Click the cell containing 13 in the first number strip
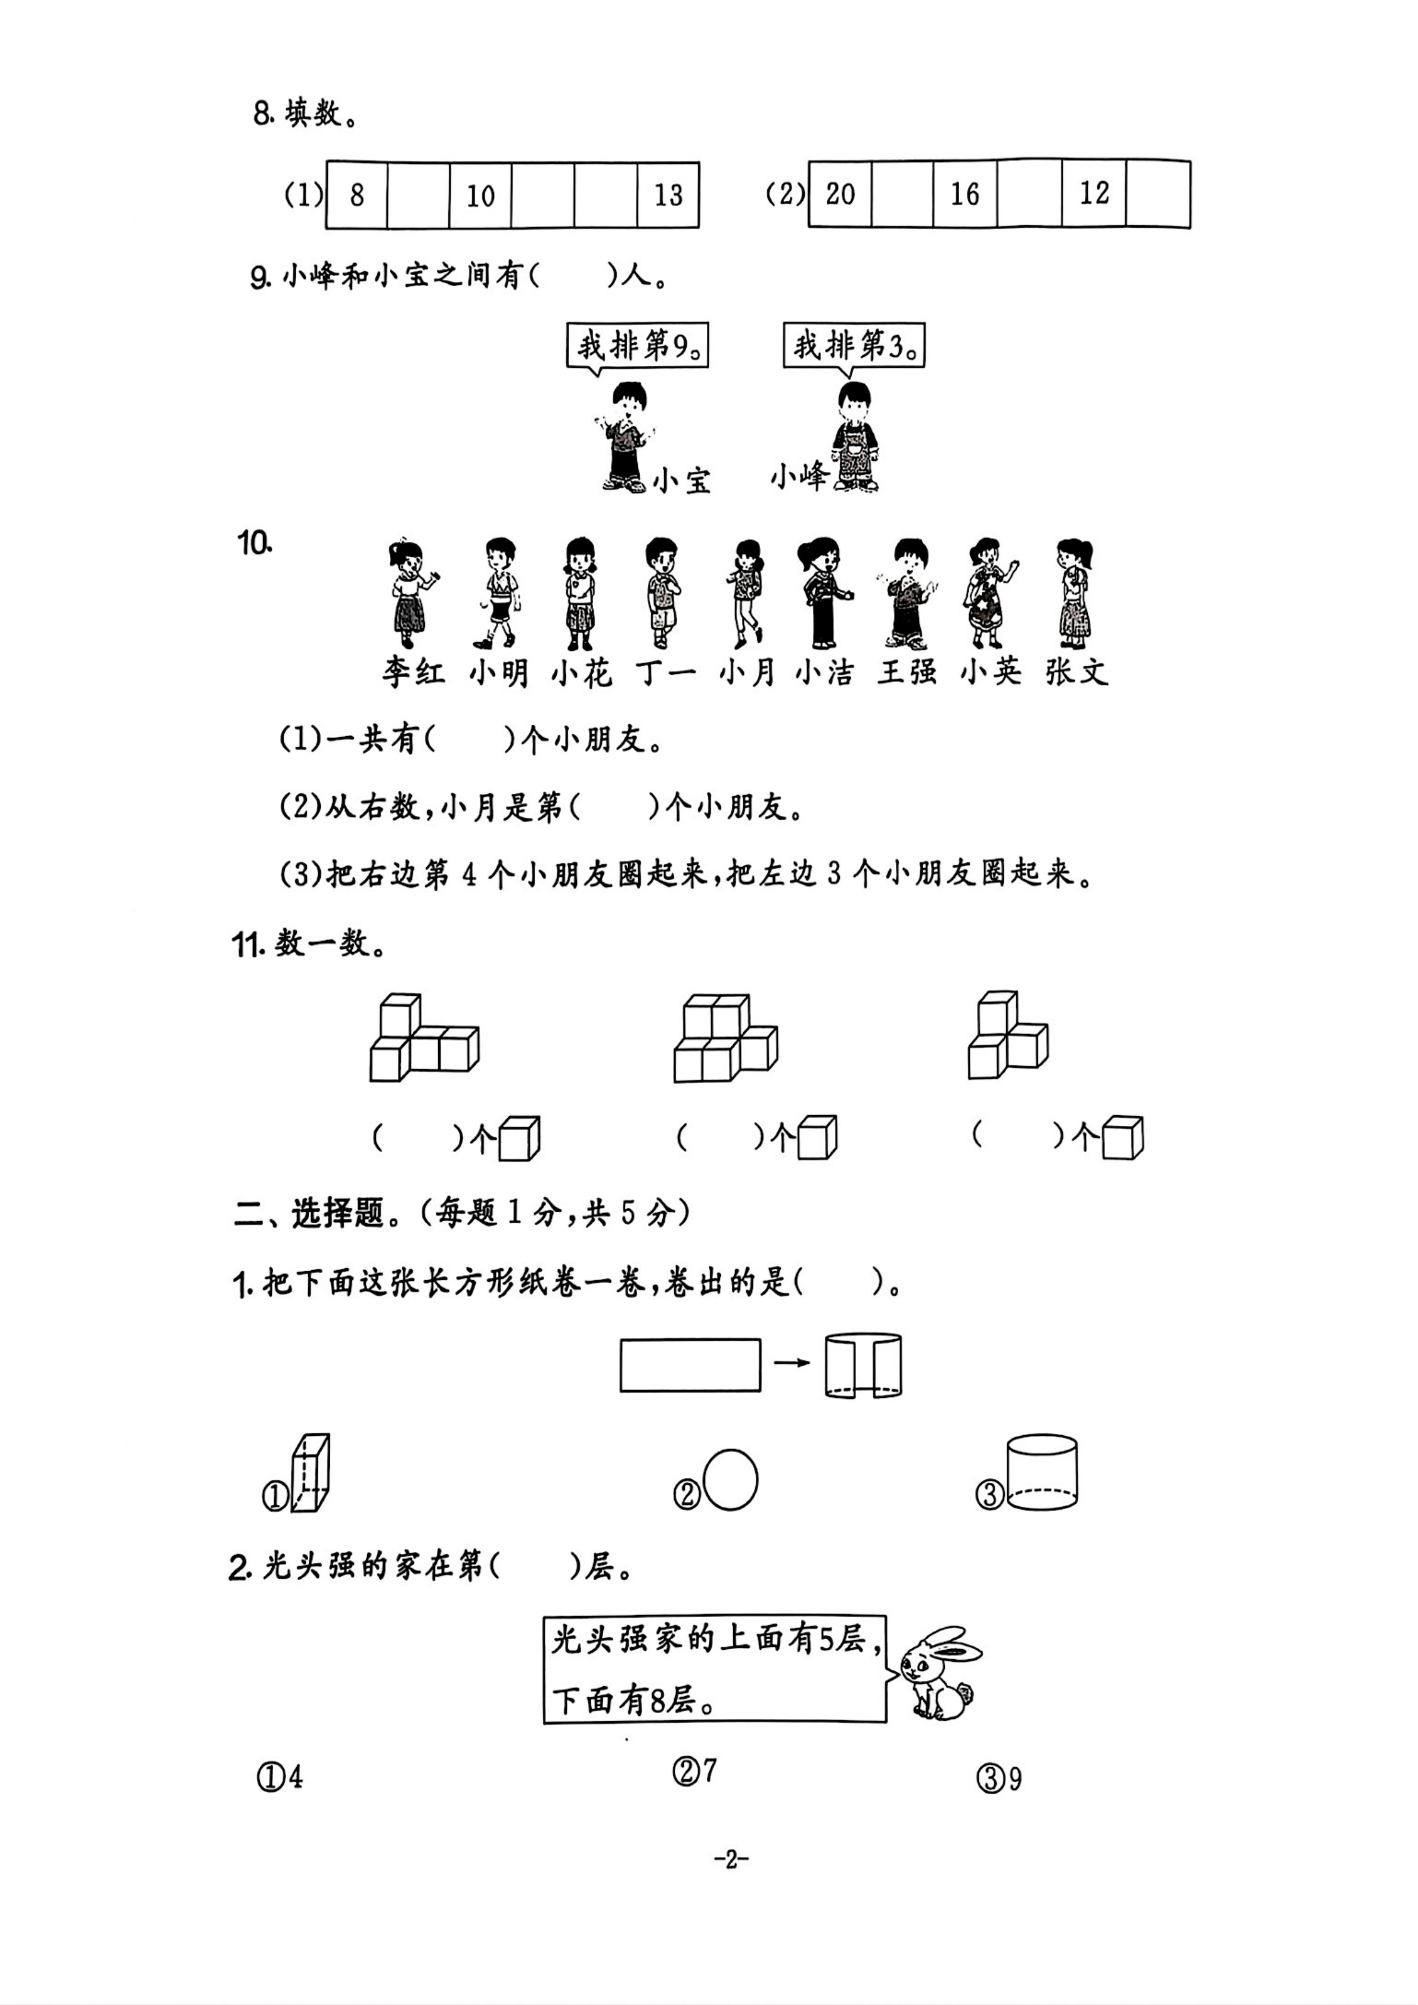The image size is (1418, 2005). point(668,195)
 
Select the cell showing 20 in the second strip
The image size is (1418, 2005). point(840,194)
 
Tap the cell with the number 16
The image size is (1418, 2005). point(965,194)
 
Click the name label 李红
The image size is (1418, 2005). point(414,672)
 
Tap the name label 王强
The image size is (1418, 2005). point(908,672)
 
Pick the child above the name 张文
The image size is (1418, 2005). point(1075,593)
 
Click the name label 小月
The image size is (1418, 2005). point(747,672)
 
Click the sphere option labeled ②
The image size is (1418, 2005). point(730,1479)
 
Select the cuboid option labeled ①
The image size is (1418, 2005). point(310,1472)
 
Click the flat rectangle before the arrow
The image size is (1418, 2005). point(690,1365)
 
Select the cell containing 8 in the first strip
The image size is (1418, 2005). point(356,195)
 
